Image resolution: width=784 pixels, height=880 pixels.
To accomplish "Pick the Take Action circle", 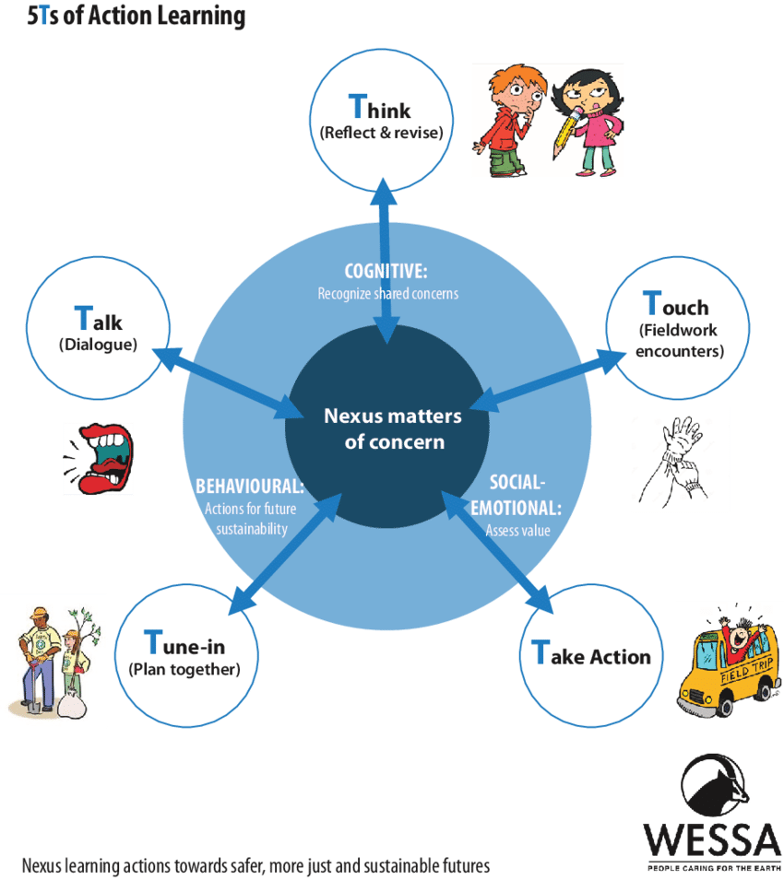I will (x=591, y=656).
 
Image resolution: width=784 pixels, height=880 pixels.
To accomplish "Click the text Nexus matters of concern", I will (x=393, y=429).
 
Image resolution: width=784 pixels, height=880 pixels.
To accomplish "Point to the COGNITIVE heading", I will (x=386, y=272).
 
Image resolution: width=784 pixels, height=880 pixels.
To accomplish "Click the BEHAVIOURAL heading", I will (x=250, y=487).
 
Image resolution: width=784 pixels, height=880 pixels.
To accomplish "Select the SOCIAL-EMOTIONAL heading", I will (x=518, y=496).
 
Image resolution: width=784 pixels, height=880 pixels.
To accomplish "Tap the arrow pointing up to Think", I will (x=382, y=205).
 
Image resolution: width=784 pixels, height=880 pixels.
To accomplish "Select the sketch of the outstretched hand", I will (x=681, y=458).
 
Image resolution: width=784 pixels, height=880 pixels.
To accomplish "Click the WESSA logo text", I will (x=711, y=839).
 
